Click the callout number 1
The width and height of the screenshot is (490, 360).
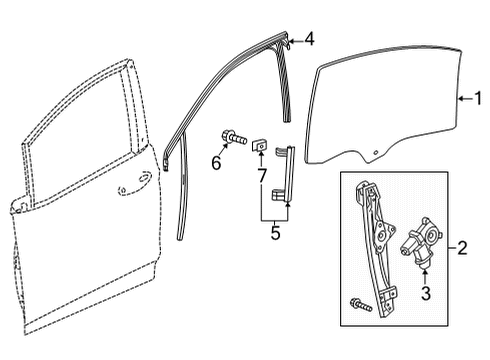(x=477, y=98)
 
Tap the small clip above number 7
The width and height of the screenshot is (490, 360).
(x=258, y=144)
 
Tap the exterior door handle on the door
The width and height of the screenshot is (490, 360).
(x=128, y=186)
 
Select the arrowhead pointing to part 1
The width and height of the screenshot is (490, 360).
(x=460, y=98)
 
